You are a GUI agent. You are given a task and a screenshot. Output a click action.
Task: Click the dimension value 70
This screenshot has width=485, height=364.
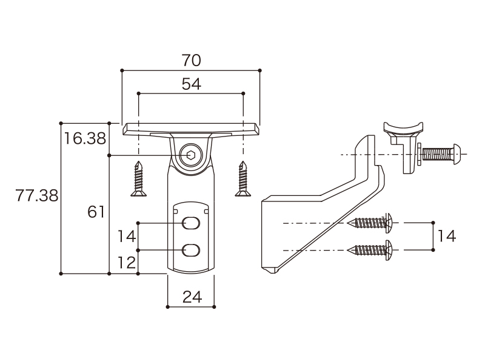coord(191,60)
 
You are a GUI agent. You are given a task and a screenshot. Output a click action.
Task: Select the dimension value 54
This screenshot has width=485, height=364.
coord(191,84)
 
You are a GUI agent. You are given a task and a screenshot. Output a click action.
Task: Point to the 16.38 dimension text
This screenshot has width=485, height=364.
coord(85,138)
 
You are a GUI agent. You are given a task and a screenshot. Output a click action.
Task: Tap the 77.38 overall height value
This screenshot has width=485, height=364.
coord(37,195)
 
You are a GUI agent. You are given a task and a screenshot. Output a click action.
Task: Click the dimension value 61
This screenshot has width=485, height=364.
coord(96,212)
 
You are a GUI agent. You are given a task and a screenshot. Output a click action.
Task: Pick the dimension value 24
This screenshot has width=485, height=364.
coord(192,297)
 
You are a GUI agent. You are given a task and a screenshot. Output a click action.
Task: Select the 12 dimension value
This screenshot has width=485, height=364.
coord(127,263)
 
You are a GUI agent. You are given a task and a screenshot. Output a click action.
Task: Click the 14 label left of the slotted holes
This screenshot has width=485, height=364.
coord(127,237)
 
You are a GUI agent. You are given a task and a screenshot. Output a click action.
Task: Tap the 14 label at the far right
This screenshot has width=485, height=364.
coord(447,236)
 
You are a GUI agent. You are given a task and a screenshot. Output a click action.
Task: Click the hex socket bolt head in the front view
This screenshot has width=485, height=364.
coord(191,155)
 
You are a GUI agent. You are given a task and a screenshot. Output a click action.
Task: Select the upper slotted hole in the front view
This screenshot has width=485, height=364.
coord(191,223)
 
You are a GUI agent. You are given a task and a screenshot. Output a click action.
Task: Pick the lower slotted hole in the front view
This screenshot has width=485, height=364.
coord(191,250)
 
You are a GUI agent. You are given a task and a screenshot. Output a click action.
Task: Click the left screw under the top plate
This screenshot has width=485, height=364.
coord(138,179)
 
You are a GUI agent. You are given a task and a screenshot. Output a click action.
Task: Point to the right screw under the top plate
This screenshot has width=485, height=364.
coord(243,179)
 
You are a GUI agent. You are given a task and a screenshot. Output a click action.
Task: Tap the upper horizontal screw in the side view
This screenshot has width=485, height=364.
coord(370,223)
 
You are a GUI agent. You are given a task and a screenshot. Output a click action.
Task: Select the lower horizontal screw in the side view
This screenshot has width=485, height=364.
coord(370,250)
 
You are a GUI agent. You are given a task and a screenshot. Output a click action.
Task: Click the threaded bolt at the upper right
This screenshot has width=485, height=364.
coord(441,154)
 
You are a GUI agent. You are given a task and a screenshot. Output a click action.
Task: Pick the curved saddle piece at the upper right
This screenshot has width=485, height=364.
coord(403,129)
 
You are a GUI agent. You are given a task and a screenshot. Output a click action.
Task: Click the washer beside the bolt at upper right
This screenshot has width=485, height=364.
coord(419,154)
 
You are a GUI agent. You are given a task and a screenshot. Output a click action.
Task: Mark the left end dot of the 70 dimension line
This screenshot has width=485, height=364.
coord(122,70)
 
